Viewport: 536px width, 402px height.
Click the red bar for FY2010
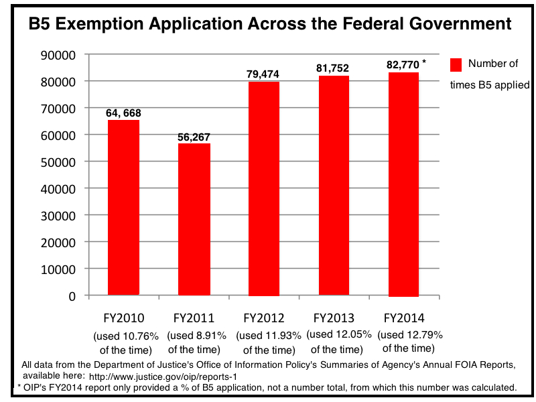click(123, 208)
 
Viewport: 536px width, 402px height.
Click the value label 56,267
click(194, 137)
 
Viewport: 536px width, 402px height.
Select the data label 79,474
click(263, 74)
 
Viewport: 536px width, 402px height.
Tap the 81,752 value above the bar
click(334, 68)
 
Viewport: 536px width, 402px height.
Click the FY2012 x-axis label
click(263, 318)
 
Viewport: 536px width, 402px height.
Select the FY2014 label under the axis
click(403, 318)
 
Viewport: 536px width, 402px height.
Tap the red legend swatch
click(456, 64)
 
